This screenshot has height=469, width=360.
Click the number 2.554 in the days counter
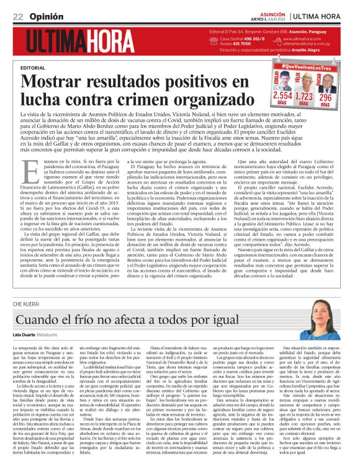tap(282, 97)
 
